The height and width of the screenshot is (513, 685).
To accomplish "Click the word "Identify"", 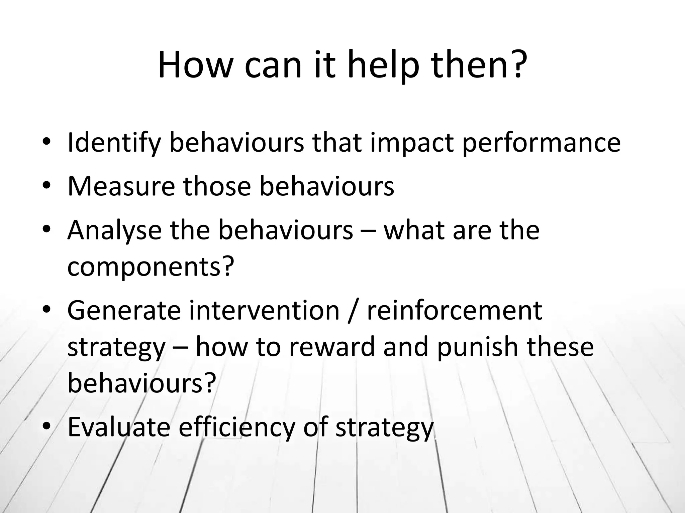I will coord(114,143).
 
